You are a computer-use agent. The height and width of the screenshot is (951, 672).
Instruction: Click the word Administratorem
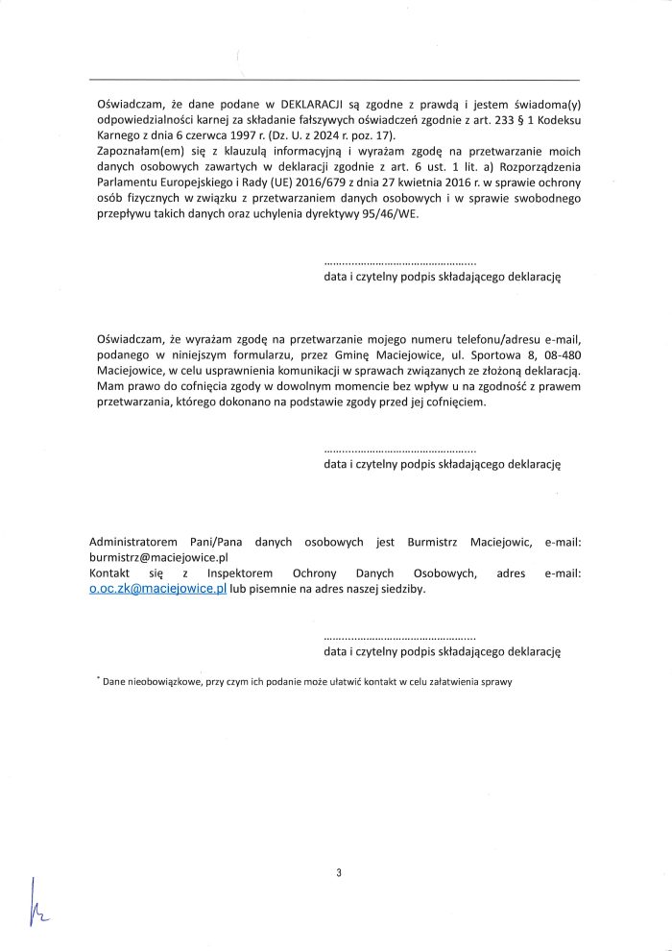point(132,541)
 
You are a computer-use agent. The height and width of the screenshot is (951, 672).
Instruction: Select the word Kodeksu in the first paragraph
point(558,119)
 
